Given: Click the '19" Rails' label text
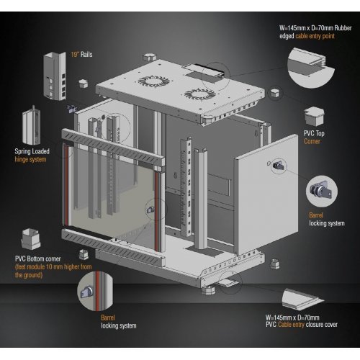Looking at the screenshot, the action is (81, 55).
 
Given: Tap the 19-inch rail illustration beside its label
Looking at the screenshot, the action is (55, 76).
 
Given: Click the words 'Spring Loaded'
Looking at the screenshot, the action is (32, 151).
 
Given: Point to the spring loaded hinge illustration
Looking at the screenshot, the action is (32, 125).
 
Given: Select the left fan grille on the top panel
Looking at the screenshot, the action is (154, 81).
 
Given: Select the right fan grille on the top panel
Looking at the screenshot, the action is (200, 94).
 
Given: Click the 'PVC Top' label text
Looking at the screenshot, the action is (314, 133).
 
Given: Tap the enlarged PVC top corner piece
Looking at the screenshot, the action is (314, 117).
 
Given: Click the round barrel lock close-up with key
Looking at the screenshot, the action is (322, 191).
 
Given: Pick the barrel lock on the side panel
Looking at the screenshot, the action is (279, 166).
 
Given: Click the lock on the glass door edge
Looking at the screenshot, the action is (150, 210).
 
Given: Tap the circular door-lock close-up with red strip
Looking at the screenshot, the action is (95, 291).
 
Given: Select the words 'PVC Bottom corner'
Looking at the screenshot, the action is (38, 258).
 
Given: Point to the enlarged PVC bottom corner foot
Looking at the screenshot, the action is (30, 239).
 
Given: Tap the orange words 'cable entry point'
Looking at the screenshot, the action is (315, 36).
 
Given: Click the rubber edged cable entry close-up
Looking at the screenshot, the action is (311, 68).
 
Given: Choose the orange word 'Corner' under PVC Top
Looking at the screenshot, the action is (312, 141).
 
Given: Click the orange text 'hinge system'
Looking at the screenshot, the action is (30, 160).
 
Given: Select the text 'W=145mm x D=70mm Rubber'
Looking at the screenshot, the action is (315, 28).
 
